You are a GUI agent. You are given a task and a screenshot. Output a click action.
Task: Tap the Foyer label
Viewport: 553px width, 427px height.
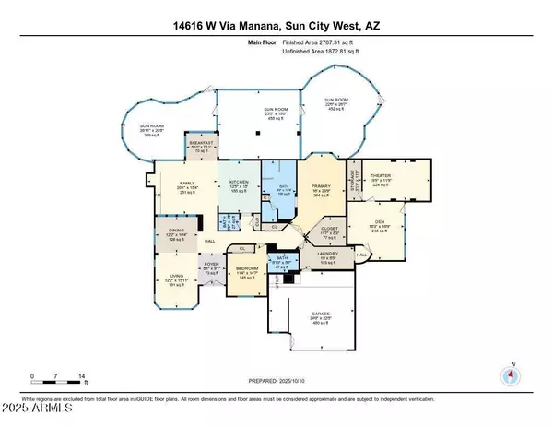(x=209, y=268)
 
